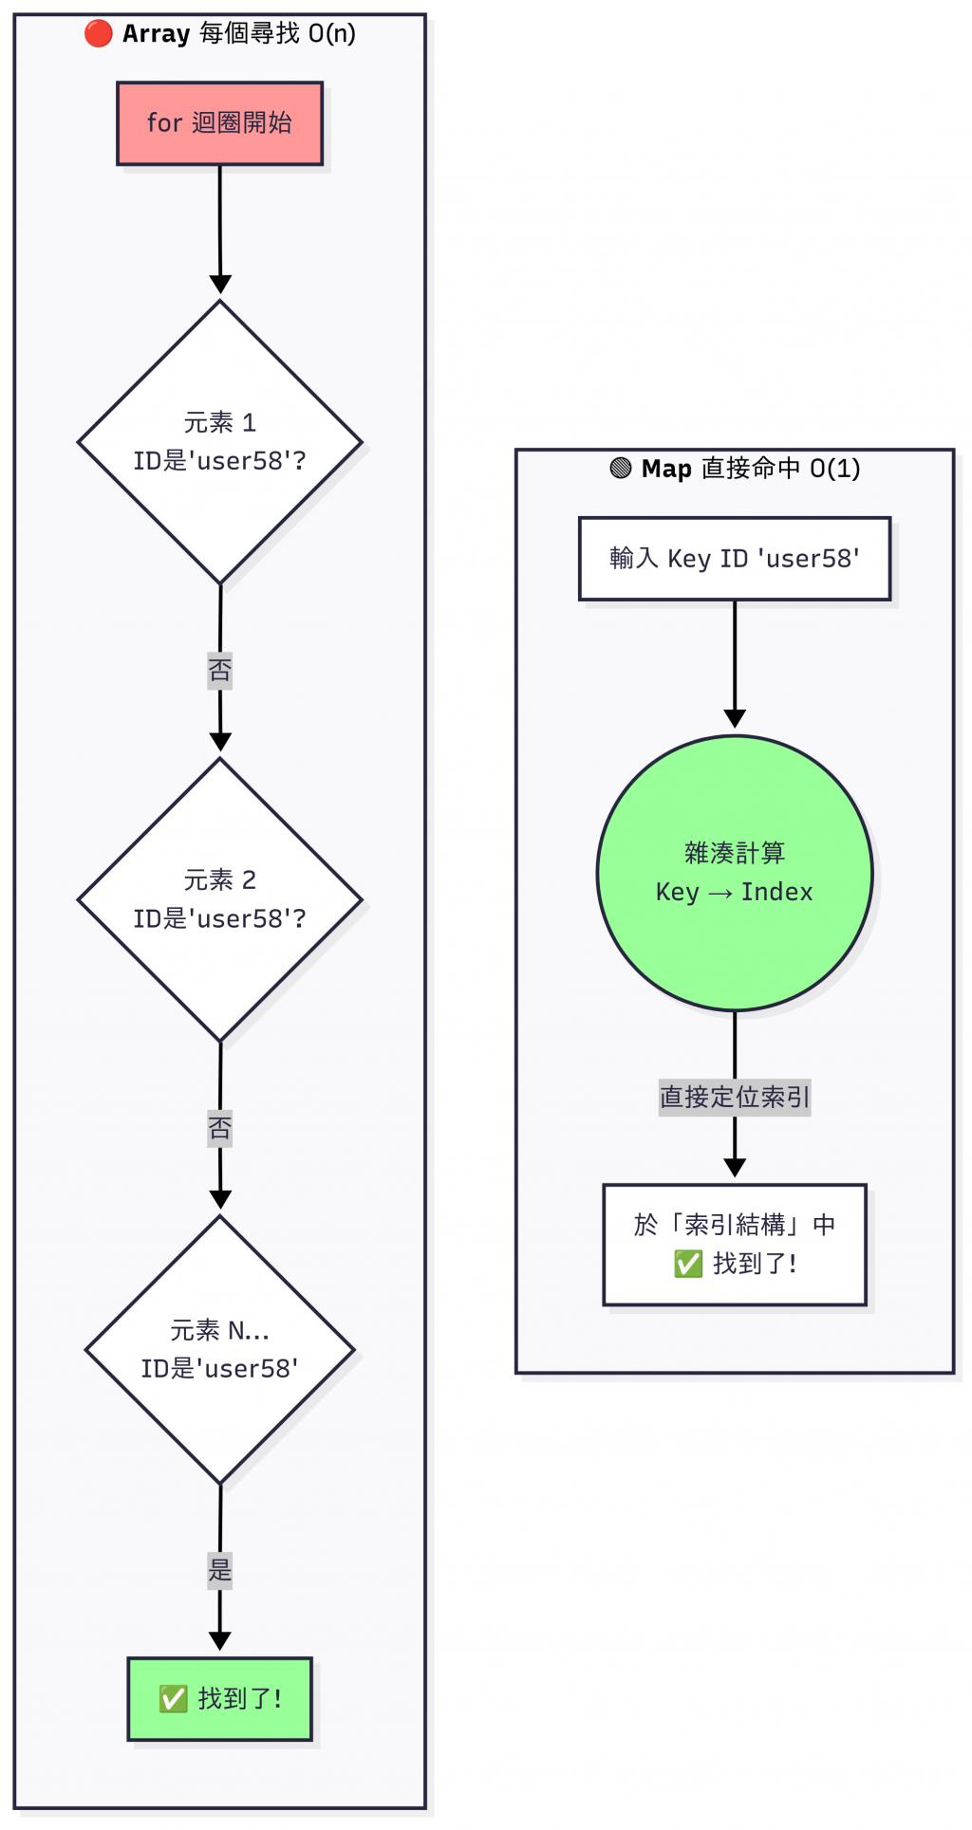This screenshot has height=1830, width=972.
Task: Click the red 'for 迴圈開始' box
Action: point(219,123)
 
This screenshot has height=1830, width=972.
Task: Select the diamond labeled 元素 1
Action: point(219,442)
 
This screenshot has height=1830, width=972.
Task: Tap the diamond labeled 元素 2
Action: point(219,899)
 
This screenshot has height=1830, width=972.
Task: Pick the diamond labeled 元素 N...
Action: point(219,1349)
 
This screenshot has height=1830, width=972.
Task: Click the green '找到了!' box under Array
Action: point(219,1698)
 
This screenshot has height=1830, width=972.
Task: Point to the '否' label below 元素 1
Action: point(219,671)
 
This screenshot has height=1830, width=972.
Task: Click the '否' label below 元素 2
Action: point(219,1128)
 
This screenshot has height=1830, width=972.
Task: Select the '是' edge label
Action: point(219,1570)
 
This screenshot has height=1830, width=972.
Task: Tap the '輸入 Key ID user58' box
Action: point(734,559)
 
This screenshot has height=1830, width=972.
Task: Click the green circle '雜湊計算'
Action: point(734,873)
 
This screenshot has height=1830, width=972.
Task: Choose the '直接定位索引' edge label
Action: point(734,1098)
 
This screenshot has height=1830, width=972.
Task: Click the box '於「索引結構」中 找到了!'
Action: point(734,1244)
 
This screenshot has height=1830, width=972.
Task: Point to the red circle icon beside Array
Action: point(98,34)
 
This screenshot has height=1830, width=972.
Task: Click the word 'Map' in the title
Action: point(666,469)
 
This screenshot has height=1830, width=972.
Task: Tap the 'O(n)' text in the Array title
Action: point(331,34)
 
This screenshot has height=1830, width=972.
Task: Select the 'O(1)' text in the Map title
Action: point(834,469)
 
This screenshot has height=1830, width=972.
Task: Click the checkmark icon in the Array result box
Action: point(173,1698)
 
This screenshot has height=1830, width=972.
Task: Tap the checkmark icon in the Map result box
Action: point(687,1264)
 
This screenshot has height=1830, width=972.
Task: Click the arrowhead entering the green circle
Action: point(734,719)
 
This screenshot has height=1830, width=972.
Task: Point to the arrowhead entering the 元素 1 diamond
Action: point(220,285)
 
